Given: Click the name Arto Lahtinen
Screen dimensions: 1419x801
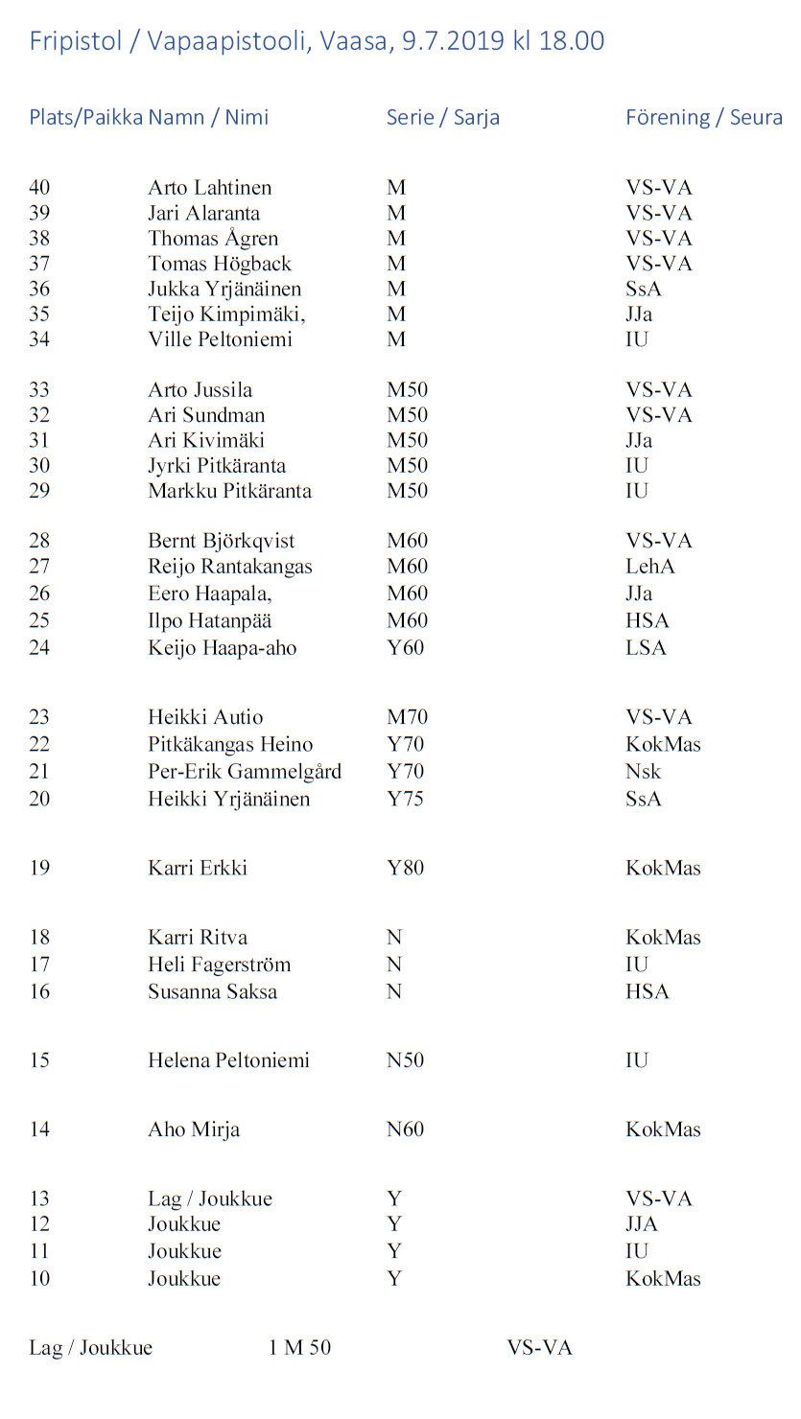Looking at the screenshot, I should tap(209, 188).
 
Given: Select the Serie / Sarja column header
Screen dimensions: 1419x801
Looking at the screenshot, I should tap(442, 118).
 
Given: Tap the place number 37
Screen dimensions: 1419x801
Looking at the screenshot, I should tap(39, 264).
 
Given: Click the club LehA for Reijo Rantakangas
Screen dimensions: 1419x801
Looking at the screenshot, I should tap(649, 567).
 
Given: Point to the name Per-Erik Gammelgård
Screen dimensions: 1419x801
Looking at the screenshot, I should tap(244, 772).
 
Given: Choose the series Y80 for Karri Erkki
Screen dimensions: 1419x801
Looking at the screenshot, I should tap(405, 869).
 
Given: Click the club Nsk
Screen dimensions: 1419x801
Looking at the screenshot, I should tap(643, 772).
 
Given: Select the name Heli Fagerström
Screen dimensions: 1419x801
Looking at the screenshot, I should tap(219, 965).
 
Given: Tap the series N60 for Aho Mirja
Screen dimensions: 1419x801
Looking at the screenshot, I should tap(405, 1129).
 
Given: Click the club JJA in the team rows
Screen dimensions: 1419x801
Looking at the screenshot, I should tap(642, 1224).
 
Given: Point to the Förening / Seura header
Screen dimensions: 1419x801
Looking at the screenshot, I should tap(703, 118).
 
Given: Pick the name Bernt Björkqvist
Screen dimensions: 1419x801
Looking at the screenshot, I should tap(221, 541).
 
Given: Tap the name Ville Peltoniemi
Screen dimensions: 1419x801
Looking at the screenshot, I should tap(220, 339).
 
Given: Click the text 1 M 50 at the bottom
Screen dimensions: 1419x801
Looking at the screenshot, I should tap(299, 1348).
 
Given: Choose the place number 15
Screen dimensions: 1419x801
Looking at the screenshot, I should tap(39, 1060).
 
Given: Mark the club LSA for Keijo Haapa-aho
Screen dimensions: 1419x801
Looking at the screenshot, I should tap(646, 648).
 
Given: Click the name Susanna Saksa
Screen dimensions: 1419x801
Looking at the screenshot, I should tap(212, 991).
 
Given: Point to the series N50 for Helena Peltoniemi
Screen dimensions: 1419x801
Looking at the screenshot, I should tap(405, 1060).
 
